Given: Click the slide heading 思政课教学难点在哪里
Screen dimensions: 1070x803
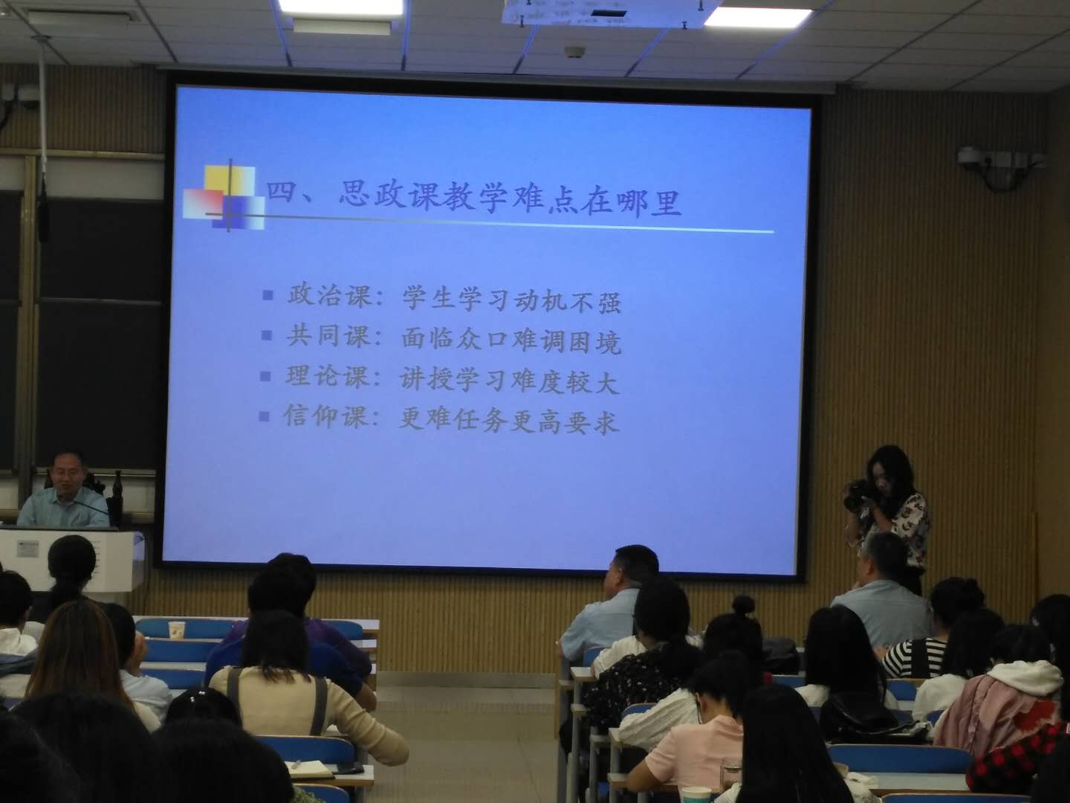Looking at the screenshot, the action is point(510,200).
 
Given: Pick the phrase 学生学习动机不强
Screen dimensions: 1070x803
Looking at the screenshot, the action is point(511,299).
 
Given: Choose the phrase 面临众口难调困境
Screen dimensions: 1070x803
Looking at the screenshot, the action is point(511,340).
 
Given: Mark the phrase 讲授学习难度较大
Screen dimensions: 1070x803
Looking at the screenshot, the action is point(510,380).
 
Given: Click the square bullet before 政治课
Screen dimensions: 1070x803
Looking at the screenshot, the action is point(267,295).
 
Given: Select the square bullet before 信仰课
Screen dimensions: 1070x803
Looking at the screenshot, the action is point(265,416).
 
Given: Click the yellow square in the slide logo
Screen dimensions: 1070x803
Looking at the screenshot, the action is point(229,179).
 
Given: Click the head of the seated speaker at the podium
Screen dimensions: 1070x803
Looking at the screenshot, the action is point(68,471).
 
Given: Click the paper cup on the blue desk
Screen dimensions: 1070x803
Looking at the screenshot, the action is point(175,630).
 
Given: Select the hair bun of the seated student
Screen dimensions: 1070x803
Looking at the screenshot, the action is point(744,605).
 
